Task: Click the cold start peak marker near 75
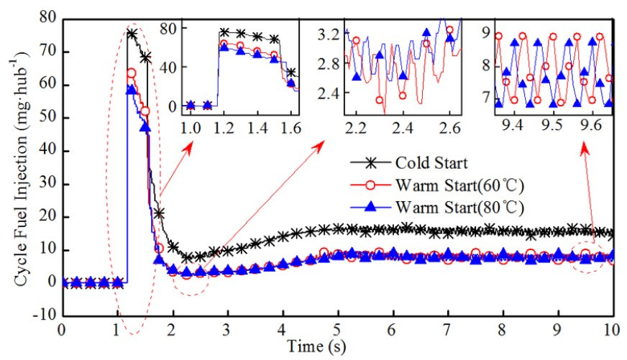tap(132, 33)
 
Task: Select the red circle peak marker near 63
tap(132, 73)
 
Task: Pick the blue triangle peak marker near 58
tap(131, 89)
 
